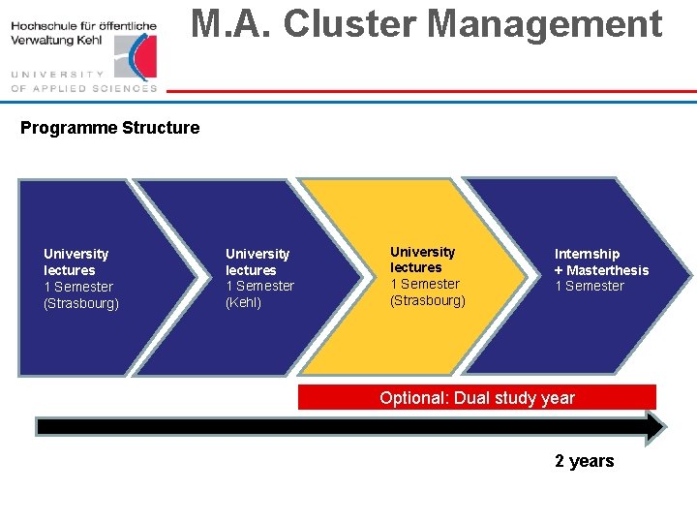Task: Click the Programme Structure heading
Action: tap(109, 128)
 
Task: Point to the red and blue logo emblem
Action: tap(140, 55)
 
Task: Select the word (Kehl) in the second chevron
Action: tap(243, 303)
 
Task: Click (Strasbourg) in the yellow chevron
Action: tap(427, 300)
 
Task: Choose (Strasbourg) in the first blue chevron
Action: tap(81, 304)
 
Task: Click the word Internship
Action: tap(587, 254)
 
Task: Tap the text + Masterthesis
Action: tap(601, 270)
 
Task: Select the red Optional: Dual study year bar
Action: tap(476, 398)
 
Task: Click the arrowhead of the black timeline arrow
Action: tap(654, 427)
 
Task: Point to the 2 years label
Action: tap(584, 461)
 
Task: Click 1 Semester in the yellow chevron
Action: tap(424, 284)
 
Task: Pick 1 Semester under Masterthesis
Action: tap(589, 287)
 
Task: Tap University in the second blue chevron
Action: tap(258, 254)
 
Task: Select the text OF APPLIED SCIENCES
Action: tap(83, 88)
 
